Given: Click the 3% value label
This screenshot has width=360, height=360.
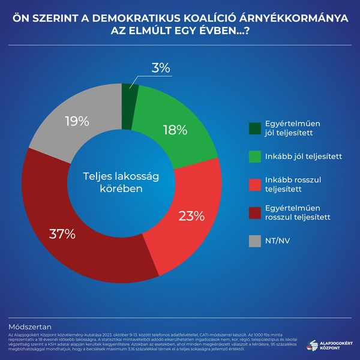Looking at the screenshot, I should click(160, 68).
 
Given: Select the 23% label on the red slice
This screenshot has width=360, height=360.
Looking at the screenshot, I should click(192, 215).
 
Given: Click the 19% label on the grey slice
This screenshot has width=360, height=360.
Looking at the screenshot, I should click(77, 121).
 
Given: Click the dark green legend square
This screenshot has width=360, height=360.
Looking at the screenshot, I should click(255, 128).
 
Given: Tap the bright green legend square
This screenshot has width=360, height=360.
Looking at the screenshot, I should click(255, 157).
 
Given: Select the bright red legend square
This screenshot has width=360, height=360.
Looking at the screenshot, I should click(255, 184).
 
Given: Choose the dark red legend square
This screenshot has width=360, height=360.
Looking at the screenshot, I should click(255, 212).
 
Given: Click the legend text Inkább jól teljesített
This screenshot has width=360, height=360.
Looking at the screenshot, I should click(303, 157).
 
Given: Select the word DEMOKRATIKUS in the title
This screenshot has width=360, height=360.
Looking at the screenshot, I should click(128, 19).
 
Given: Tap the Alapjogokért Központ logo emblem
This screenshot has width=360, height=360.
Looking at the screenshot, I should click(311, 345).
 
